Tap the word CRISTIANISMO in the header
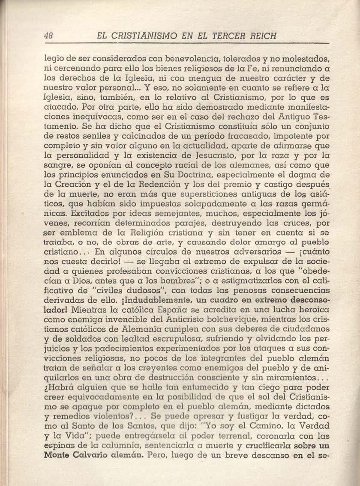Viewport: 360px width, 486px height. click(x=140, y=36)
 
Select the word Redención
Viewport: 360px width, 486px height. click(x=148, y=185)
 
